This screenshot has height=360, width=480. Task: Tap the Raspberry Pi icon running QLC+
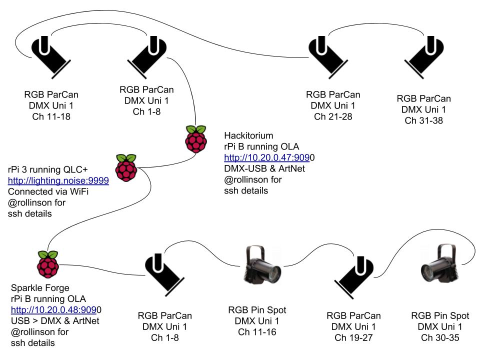[x=126, y=167]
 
